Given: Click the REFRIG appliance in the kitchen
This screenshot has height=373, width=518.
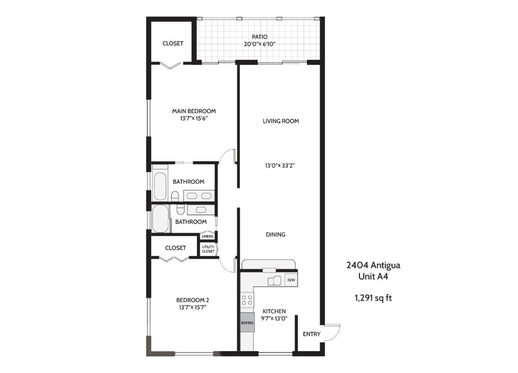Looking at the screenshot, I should tap(247, 322).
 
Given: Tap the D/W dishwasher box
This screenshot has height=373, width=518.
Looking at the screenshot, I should tap(291, 280).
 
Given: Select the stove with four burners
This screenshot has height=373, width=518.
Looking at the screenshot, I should tap(247, 300).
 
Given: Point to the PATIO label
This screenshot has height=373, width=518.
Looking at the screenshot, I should tap(259, 37).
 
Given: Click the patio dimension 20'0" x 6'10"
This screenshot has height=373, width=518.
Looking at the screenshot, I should tap(260, 44).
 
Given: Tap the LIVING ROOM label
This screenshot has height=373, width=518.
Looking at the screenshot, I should tap(281, 121).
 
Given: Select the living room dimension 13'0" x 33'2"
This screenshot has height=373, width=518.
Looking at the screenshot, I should tap(280, 165).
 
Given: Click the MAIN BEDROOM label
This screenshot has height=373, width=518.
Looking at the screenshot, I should tap(194, 111).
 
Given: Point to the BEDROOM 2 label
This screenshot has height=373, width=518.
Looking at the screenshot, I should tap(193, 300).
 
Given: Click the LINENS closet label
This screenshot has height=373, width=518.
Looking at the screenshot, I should tap(208, 237).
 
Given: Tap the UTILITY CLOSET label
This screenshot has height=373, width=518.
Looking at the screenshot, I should tap(208, 249).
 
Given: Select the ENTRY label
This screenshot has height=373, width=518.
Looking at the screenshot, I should tap(311, 334).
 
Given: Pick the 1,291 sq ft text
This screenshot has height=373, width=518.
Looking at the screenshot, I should tap(373, 298).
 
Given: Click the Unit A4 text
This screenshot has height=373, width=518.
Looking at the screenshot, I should tap(373, 276).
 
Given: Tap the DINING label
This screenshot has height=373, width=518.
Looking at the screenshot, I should tap(275, 235).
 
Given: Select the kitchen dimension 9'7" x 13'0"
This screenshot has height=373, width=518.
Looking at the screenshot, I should tap(274, 319).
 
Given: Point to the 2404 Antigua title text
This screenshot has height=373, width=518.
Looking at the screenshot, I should tap(373, 265).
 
